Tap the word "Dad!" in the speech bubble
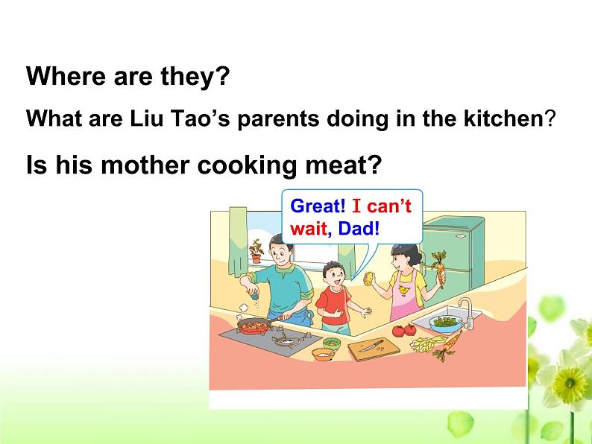359,229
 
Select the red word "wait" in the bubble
309,229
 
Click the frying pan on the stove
255,326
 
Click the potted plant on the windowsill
256,250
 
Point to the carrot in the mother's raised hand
439,269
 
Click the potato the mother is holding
368,279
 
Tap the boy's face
335,278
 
